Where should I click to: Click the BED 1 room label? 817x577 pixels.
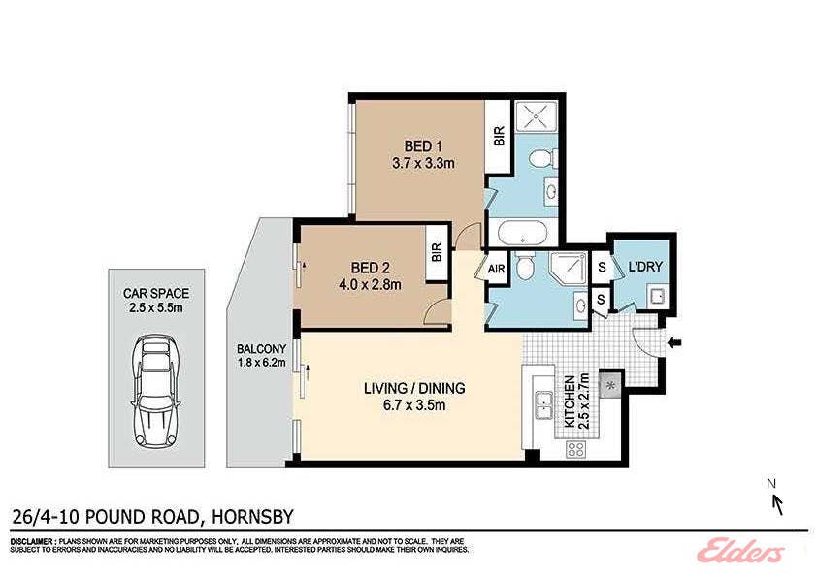point(423,146)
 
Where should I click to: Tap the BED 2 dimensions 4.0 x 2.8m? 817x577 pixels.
point(371,284)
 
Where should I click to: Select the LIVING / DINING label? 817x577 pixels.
point(414,388)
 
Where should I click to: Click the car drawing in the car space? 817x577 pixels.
point(156,391)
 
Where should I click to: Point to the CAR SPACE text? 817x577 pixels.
point(156,293)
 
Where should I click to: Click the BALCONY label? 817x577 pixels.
point(261,349)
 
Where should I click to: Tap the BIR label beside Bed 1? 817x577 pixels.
point(499,136)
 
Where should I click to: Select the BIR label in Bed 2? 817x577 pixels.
point(437,252)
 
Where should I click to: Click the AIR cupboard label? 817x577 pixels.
point(496,269)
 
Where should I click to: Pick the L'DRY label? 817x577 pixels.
point(645,267)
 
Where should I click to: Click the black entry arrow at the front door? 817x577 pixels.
point(674,342)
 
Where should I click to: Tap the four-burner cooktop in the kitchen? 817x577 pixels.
point(575,449)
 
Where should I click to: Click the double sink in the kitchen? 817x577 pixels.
point(544,404)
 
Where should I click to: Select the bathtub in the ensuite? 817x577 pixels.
point(522,233)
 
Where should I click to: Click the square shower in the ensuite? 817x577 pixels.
point(537,116)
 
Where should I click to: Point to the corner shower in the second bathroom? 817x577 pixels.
point(568,270)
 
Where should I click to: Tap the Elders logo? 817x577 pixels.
point(740,550)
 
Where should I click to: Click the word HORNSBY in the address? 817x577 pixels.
point(252,517)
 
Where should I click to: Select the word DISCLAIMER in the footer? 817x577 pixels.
point(30,541)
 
